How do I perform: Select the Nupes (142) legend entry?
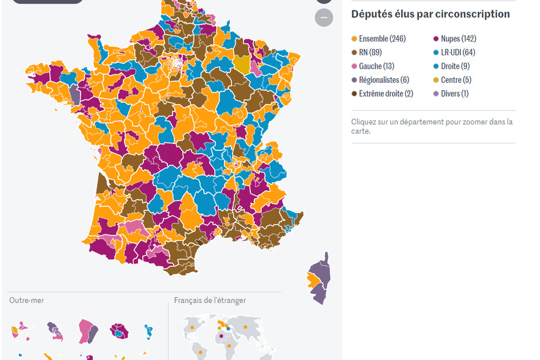pos(458,39)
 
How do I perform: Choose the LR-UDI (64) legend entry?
pos(458,52)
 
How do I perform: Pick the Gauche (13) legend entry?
pos(377,66)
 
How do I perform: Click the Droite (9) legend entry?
pos(455,66)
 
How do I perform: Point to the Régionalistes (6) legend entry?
pos(384,80)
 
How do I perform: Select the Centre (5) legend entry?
pos(456,80)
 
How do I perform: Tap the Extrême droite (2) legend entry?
pos(386,94)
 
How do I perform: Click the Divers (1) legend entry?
pos(454,94)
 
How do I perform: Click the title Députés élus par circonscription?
pos(431,14)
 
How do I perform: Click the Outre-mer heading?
pos(26,301)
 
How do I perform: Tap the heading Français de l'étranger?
pos(210,301)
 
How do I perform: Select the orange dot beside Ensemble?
pos(355,39)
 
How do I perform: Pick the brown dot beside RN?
pos(355,52)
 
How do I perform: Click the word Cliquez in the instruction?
pos(363,122)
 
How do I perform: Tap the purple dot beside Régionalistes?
pos(355,80)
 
